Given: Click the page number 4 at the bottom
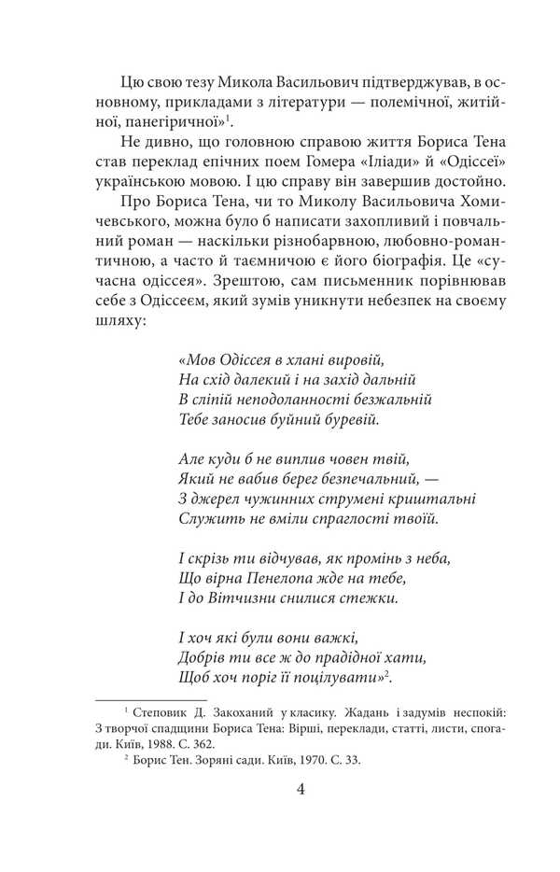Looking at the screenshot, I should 301,788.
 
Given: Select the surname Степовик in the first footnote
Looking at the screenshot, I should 163,710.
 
